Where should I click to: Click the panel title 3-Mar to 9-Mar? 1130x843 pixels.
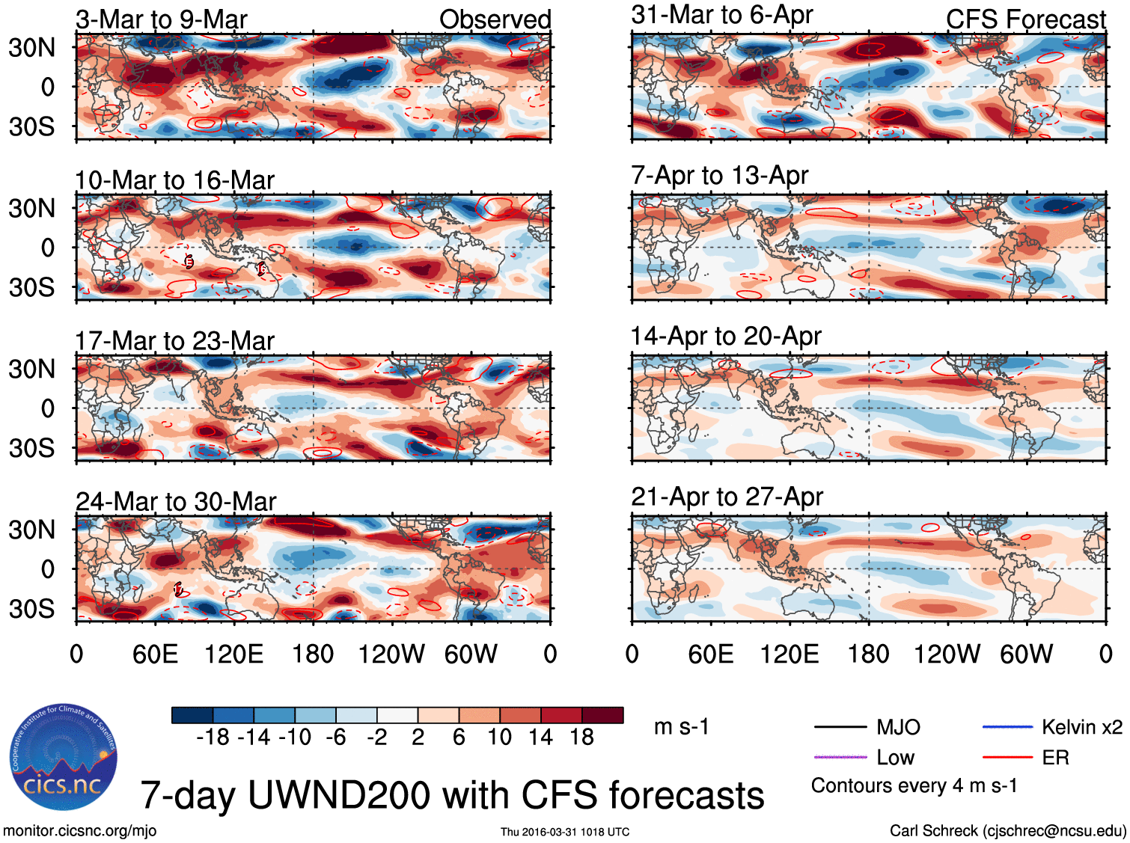point(161,19)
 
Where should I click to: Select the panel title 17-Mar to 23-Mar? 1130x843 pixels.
point(174,341)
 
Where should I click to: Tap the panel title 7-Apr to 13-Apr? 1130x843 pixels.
point(719,176)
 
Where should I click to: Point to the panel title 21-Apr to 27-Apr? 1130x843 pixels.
point(727,497)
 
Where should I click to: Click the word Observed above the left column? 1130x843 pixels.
point(495,19)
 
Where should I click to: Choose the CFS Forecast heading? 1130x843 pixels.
point(1025,19)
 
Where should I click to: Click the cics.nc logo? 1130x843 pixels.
point(63,757)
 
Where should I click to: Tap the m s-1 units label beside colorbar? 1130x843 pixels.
point(681,727)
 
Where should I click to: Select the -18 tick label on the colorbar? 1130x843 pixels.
point(213,738)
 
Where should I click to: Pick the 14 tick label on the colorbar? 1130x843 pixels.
point(540,738)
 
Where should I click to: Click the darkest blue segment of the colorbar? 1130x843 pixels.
point(192,715)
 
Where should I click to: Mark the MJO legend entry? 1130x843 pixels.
point(898,727)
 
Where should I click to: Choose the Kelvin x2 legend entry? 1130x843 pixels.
point(1081,727)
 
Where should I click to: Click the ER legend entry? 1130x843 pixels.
point(1055,758)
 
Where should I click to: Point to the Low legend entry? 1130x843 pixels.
point(895,758)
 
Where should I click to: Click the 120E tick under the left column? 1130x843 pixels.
point(233,655)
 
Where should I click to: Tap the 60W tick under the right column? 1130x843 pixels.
point(1026,655)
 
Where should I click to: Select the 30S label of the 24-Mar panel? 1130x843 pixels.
point(31,609)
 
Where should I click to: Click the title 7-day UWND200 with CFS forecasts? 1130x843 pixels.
point(452,795)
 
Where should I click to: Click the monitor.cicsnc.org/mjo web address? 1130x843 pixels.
point(79,831)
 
